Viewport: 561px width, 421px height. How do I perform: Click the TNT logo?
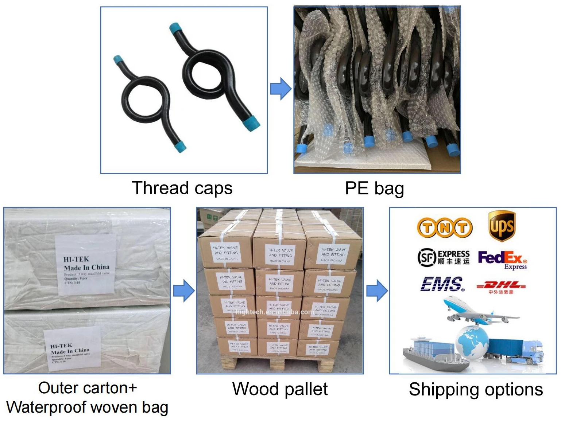coord(445,228)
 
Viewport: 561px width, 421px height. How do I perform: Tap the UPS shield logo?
coord(502,226)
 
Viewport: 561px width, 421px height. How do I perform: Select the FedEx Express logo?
coord(502,260)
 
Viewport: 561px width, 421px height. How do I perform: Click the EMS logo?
coord(442,284)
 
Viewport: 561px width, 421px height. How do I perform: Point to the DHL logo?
coord(501,286)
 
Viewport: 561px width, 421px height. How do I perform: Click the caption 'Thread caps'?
coord(182,188)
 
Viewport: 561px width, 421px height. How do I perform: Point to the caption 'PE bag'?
coord(374,188)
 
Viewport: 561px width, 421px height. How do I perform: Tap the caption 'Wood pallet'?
coord(280,389)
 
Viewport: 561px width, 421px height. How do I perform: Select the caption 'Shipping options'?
coord(476,389)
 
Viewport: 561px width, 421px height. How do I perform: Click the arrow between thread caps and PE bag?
coord(280,89)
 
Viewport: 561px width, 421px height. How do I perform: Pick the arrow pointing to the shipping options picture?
coord(377,291)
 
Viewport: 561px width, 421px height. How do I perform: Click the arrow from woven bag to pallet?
coord(184,291)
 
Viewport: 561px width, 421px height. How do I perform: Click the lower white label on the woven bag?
coord(72,348)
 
